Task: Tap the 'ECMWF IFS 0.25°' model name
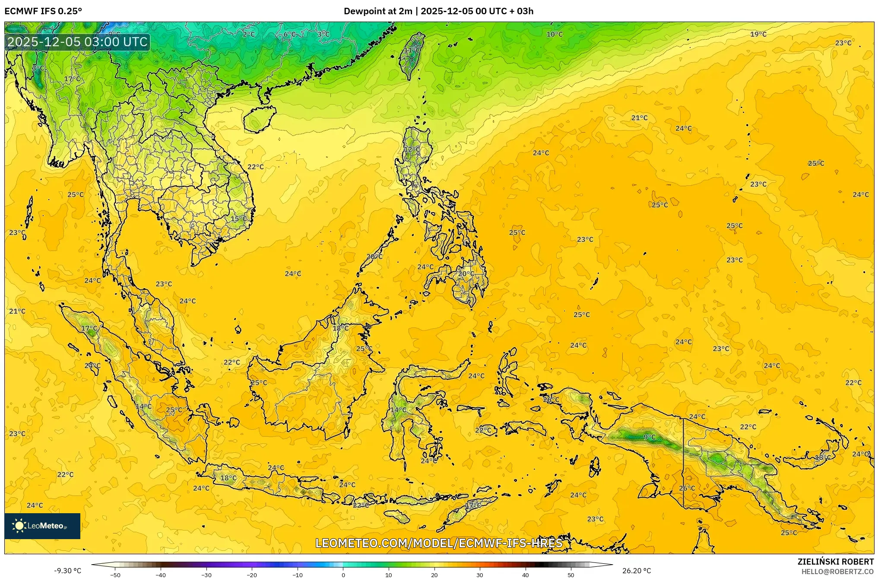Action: (43, 11)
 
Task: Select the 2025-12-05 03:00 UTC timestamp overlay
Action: (78, 42)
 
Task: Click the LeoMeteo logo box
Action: (42, 526)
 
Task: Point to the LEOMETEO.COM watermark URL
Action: (439, 543)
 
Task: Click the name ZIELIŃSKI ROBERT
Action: (835, 562)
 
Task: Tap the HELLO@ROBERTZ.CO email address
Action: (837, 572)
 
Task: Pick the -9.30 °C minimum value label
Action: (67, 571)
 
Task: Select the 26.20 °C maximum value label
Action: (636, 571)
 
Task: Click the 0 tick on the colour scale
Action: (343, 575)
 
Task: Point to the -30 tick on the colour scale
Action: (206, 575)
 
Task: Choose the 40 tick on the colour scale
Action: (525, 575)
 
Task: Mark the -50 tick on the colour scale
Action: (115, 575)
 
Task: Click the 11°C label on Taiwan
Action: (412, 50)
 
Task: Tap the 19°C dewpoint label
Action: (758, 34)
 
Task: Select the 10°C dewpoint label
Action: (555, 34)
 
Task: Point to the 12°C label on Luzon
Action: (412, 149)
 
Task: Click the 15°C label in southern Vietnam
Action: (238, 219)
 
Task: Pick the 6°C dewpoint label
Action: (290, 34)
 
